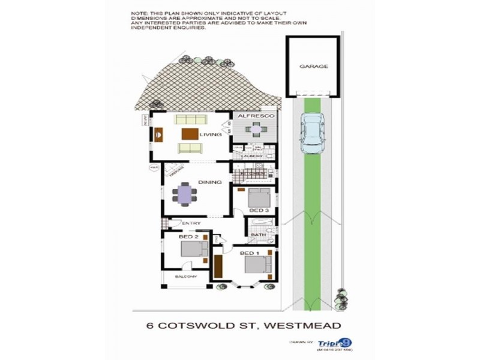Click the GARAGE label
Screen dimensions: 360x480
313,67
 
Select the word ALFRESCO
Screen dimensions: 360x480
255,115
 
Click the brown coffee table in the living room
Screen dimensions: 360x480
190,134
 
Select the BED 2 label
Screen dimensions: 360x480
188,237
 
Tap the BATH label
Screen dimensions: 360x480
259,235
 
